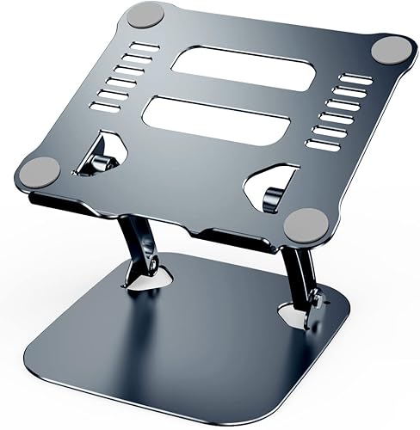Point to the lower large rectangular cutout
[216, 117]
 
